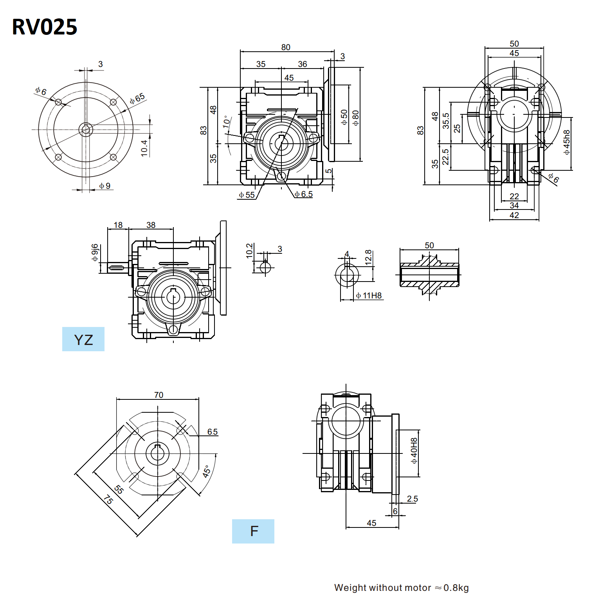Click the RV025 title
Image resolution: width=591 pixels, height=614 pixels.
[45, 27]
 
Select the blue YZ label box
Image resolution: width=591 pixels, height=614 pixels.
[83, 339]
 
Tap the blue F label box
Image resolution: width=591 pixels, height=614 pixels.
[253, 531]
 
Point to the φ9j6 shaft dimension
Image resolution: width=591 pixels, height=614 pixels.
[95, 253]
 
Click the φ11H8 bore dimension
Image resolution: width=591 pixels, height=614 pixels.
[369, 296]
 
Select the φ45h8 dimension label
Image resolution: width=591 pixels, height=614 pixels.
[567, 142]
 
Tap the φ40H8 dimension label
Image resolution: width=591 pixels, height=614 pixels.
[414, 451]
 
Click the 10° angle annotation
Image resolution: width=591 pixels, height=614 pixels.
[227, 122]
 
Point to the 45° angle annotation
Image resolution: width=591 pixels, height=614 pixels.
[207, 471]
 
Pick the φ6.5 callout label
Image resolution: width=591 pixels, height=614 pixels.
[304, 194]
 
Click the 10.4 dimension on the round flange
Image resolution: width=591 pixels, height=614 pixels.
[144, 148]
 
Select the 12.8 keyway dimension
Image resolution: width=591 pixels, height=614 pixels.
[368, 257]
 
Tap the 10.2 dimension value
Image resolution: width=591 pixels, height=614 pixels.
[249, 251]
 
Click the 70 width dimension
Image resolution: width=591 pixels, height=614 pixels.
[159, 395]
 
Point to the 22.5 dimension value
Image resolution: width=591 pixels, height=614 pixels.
[445, 157]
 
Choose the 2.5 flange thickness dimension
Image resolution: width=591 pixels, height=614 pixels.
[412, 499]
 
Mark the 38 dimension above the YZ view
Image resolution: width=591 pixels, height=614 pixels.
[151, 225]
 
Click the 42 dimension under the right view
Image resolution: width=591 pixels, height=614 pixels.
[514, 215]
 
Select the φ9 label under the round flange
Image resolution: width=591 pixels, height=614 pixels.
[105, 186]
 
